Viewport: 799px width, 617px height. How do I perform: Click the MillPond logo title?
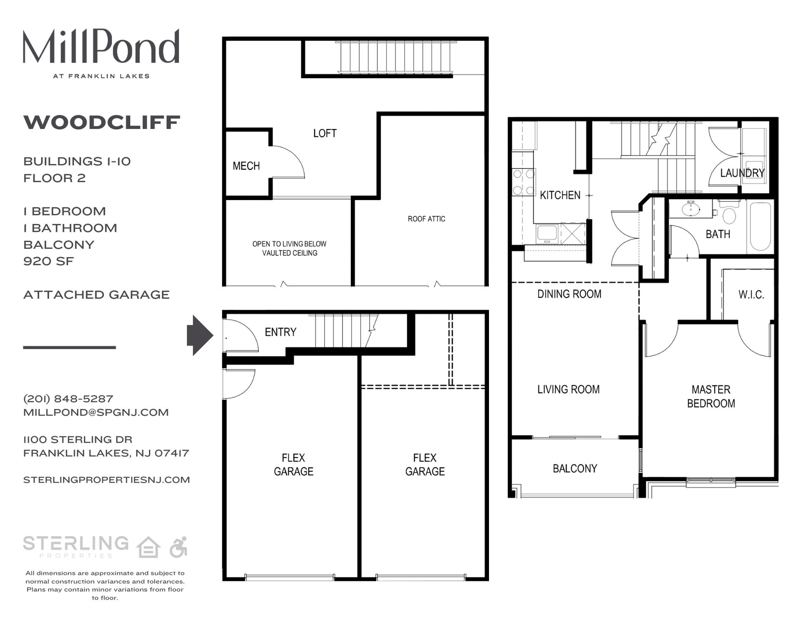pyautogui.click(x=101, y=46)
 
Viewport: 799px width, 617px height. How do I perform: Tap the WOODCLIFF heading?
pyautogui.click(x=102, y=122)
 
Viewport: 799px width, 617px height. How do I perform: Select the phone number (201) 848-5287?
pyautogui.click(x=68, y=399)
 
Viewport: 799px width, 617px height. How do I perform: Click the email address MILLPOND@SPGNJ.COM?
pyautogui.click(x=96, y=412)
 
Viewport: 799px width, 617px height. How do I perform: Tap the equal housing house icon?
pyautogui.click(x=149, y=547)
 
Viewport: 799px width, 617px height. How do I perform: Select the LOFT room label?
pyautogui.click(x=325, y=133)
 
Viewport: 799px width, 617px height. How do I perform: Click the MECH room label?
pyautogui.click(x=246, y=166)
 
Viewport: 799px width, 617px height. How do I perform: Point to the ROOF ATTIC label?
pyautogui.click(x=426, y=219)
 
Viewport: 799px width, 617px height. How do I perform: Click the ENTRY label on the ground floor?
pyautogui.click(x=280, y=332)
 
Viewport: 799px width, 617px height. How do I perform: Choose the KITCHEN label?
pyautogui.click(x=560, y=195)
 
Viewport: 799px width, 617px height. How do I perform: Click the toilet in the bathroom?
pyautogui.click(x=729, y=214)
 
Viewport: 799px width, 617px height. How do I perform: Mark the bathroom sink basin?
pyautogui.click(x=691, y=209)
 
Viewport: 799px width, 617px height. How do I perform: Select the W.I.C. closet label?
pyautogui.click(x=751, y=295)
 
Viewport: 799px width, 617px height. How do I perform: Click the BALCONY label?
pyautogui.click(x=575, y=468)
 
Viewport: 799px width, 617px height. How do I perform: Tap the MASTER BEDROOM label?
pyautogui.click(x=711, y=396)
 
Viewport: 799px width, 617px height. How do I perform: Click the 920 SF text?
pyautogui.click(x=49, y=261)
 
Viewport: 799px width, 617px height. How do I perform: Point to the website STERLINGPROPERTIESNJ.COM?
pyautogui.click(x=107, y=480)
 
